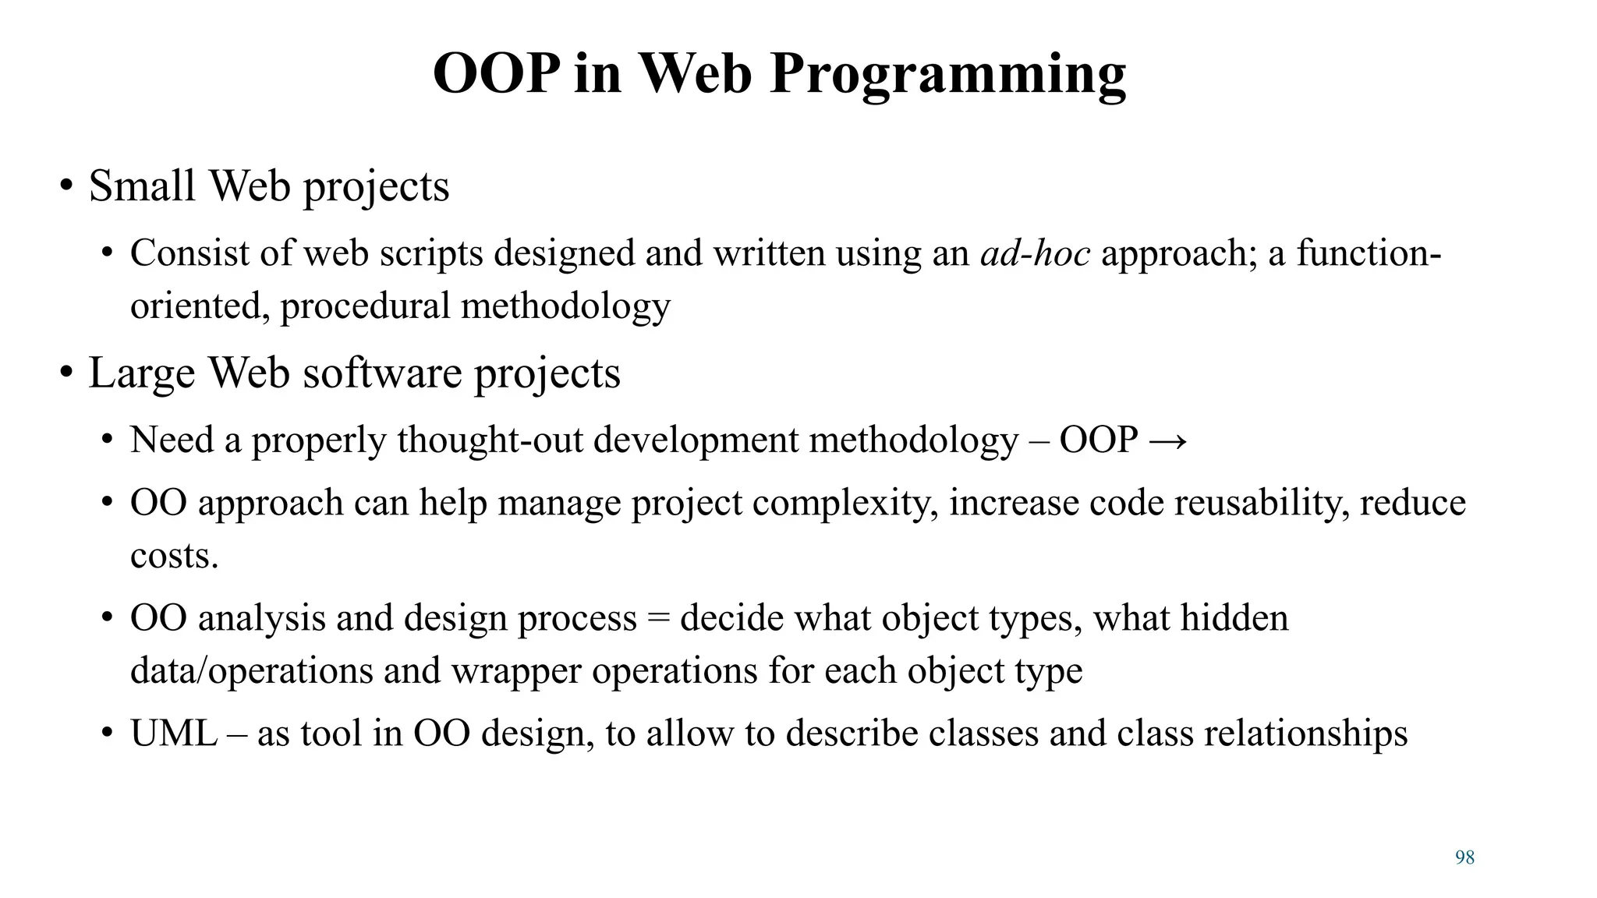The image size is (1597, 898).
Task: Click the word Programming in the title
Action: (x=947, y=74)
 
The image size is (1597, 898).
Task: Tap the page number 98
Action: (x=1464, y=857)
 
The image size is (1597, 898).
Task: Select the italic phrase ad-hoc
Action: (x=1035, y=253)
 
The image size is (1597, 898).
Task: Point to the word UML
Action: (x=173, y=734)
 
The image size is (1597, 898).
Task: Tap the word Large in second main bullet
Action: (x=141, y=373)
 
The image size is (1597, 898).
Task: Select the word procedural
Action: (x=365, y=306)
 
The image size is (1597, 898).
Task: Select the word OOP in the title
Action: (x=496, y=74)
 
